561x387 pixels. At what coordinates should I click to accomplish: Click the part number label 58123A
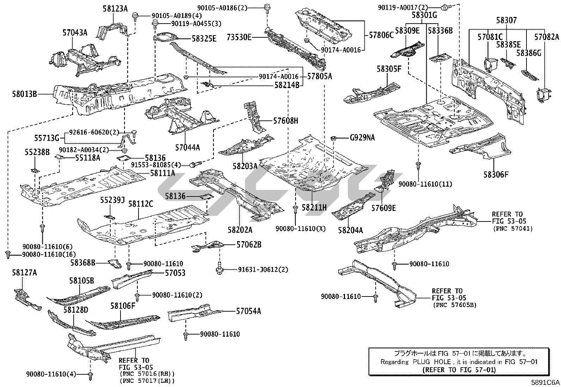(x=115, y=8)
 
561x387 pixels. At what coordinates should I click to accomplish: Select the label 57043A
(x=75, y=33)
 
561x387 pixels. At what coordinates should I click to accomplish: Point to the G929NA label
(x=362, y=138)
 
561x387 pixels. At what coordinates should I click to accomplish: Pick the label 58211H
(x=314, y=208)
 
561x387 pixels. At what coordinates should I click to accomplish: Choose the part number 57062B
(x=249, y=245)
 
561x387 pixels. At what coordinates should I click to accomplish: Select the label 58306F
(x=496, y=174)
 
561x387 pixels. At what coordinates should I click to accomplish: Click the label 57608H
(x=286, y=121)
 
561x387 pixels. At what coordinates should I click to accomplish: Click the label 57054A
(x=248, y=311)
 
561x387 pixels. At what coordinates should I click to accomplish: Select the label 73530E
(x=239, y=37)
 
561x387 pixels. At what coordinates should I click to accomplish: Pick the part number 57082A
(x=547, y=37)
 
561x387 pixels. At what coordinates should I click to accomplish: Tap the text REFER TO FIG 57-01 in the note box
(x=458, y=369)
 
